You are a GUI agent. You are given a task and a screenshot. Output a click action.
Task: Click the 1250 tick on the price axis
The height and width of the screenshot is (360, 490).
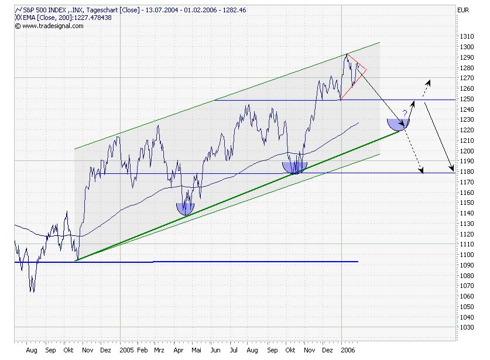tap(467, 99)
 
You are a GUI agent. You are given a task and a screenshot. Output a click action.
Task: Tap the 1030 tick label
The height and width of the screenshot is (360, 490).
tap(467, 328)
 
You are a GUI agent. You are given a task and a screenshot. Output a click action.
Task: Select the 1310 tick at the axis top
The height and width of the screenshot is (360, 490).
tap(467, 36)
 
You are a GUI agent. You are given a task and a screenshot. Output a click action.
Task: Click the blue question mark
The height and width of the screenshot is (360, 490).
tap(405, 114)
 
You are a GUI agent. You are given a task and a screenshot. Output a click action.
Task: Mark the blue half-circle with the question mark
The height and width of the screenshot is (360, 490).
tap(398, 123)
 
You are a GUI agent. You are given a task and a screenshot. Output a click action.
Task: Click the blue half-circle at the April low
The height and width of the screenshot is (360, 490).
tap(185, 208)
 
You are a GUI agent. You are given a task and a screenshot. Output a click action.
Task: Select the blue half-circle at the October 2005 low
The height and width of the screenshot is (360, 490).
tap(294, 167)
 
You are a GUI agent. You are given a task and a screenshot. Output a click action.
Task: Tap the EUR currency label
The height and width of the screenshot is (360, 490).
tap(462, 10)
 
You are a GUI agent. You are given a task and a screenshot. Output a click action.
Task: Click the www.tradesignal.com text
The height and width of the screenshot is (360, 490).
tap(46, 26)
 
